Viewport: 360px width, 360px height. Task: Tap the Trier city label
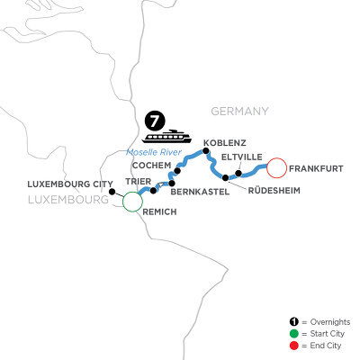(x=126, y=180)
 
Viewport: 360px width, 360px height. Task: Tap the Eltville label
(x=241, y=155)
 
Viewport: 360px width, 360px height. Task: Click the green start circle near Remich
(x=131, y=202)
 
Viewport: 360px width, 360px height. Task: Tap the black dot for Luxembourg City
(x=112, y=191)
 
